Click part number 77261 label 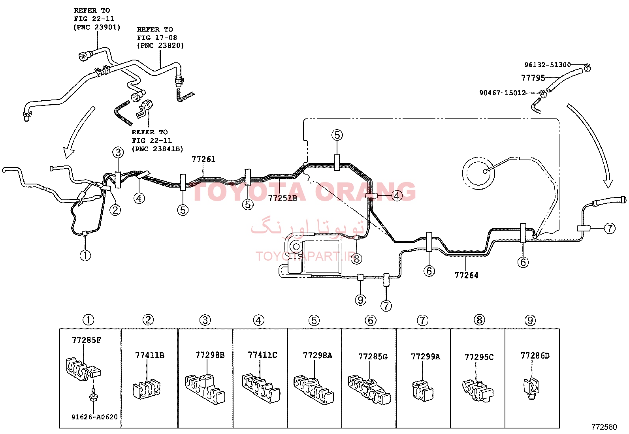[x=203, y=160]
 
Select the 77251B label [x=282, y=198]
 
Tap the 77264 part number [x=466, y=275]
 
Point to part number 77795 [x=533, y=78]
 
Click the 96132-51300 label [x=548, y=65]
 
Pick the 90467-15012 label [x=502, y=93]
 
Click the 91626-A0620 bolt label [x=94, y=417]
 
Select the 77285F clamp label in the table [x=87, y=340]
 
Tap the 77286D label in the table [x=535, y=356]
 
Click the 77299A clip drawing [x=423, y=391]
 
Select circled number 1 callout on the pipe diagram [x=85, y=256]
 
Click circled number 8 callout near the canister [x=356, y=259]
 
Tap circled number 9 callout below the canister [x=360, y=300]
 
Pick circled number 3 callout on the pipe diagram [x=118, y=153]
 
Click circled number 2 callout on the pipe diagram [x=115, y=210]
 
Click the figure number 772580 [x=604, y=427]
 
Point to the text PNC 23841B [x=159, y=149]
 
